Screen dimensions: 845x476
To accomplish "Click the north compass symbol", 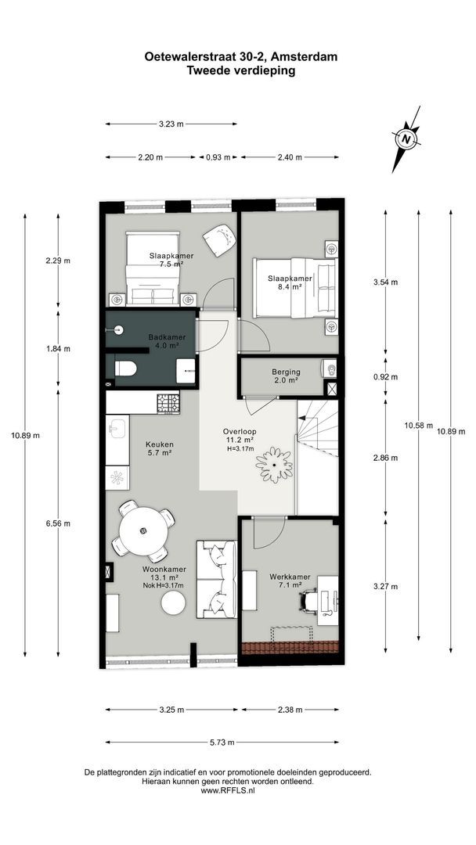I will point(407,139).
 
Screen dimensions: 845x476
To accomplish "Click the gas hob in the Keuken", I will point(168,403).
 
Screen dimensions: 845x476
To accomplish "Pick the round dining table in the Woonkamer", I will point(142,530).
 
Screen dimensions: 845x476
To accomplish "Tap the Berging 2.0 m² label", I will point(286,376).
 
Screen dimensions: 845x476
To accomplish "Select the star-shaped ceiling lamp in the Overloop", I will point(274,465).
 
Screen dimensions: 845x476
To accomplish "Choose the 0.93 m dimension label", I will point(218,157).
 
